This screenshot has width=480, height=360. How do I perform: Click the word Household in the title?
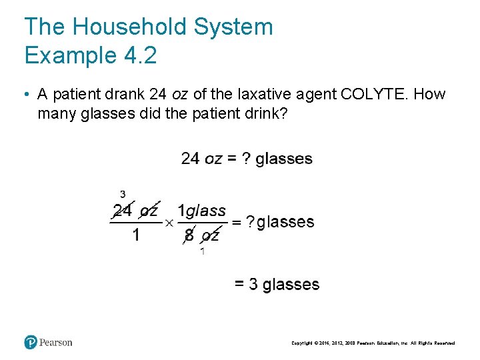tap(131, 27)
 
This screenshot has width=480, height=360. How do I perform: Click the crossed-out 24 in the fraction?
tap(123, 211)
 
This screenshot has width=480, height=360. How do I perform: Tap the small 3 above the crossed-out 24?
tap(123, 194)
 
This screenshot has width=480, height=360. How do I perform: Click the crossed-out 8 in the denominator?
tap(189, 235)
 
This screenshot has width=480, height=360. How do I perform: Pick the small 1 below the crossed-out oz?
tap(202, 251)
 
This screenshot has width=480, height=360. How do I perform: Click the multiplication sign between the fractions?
tap(169, 222)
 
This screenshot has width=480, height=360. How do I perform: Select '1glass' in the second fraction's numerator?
tap(201, 211)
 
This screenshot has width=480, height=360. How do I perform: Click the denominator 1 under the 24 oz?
tap(135, 235)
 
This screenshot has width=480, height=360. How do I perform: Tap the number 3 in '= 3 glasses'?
tap(253, 285)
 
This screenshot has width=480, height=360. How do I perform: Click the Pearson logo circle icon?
tap(31, 343)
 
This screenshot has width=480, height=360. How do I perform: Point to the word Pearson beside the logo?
tap(55, 343)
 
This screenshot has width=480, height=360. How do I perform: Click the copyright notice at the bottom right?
tap(373, 343)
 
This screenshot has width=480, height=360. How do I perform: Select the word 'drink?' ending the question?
tap(265, 113)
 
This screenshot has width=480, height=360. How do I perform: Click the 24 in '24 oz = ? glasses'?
tap(190, 159)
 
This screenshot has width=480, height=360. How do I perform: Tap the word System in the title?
tap(233, 27)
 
